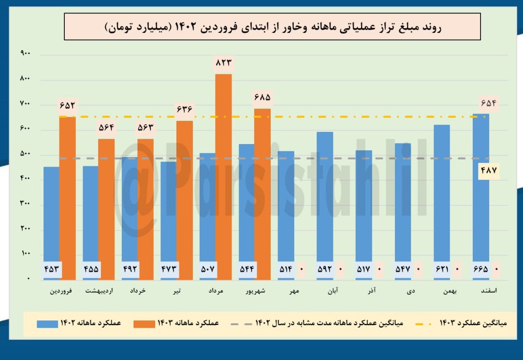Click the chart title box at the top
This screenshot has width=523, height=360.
click(x=272, y=27)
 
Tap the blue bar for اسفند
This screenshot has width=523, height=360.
click(x=480, y=193)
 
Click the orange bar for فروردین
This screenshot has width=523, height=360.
click(x=68, y=198)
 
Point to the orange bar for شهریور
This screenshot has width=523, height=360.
click(x=262, y=193)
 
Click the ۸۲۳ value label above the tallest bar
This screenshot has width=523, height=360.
click(x=223, y=62)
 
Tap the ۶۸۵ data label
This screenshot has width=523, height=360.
click(x=262, y=98)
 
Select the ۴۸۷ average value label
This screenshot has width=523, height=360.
click(x=489, y=171)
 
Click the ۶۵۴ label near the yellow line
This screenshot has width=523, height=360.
click(x=489, y=103)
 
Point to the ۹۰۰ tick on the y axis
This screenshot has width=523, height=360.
click(x=25, y=54)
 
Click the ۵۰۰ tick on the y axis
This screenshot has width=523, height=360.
click(x=25, y=154)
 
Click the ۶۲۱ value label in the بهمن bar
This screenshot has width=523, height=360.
click(x=442, y=269)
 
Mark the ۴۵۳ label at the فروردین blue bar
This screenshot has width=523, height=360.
click(x=52, y=269)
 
